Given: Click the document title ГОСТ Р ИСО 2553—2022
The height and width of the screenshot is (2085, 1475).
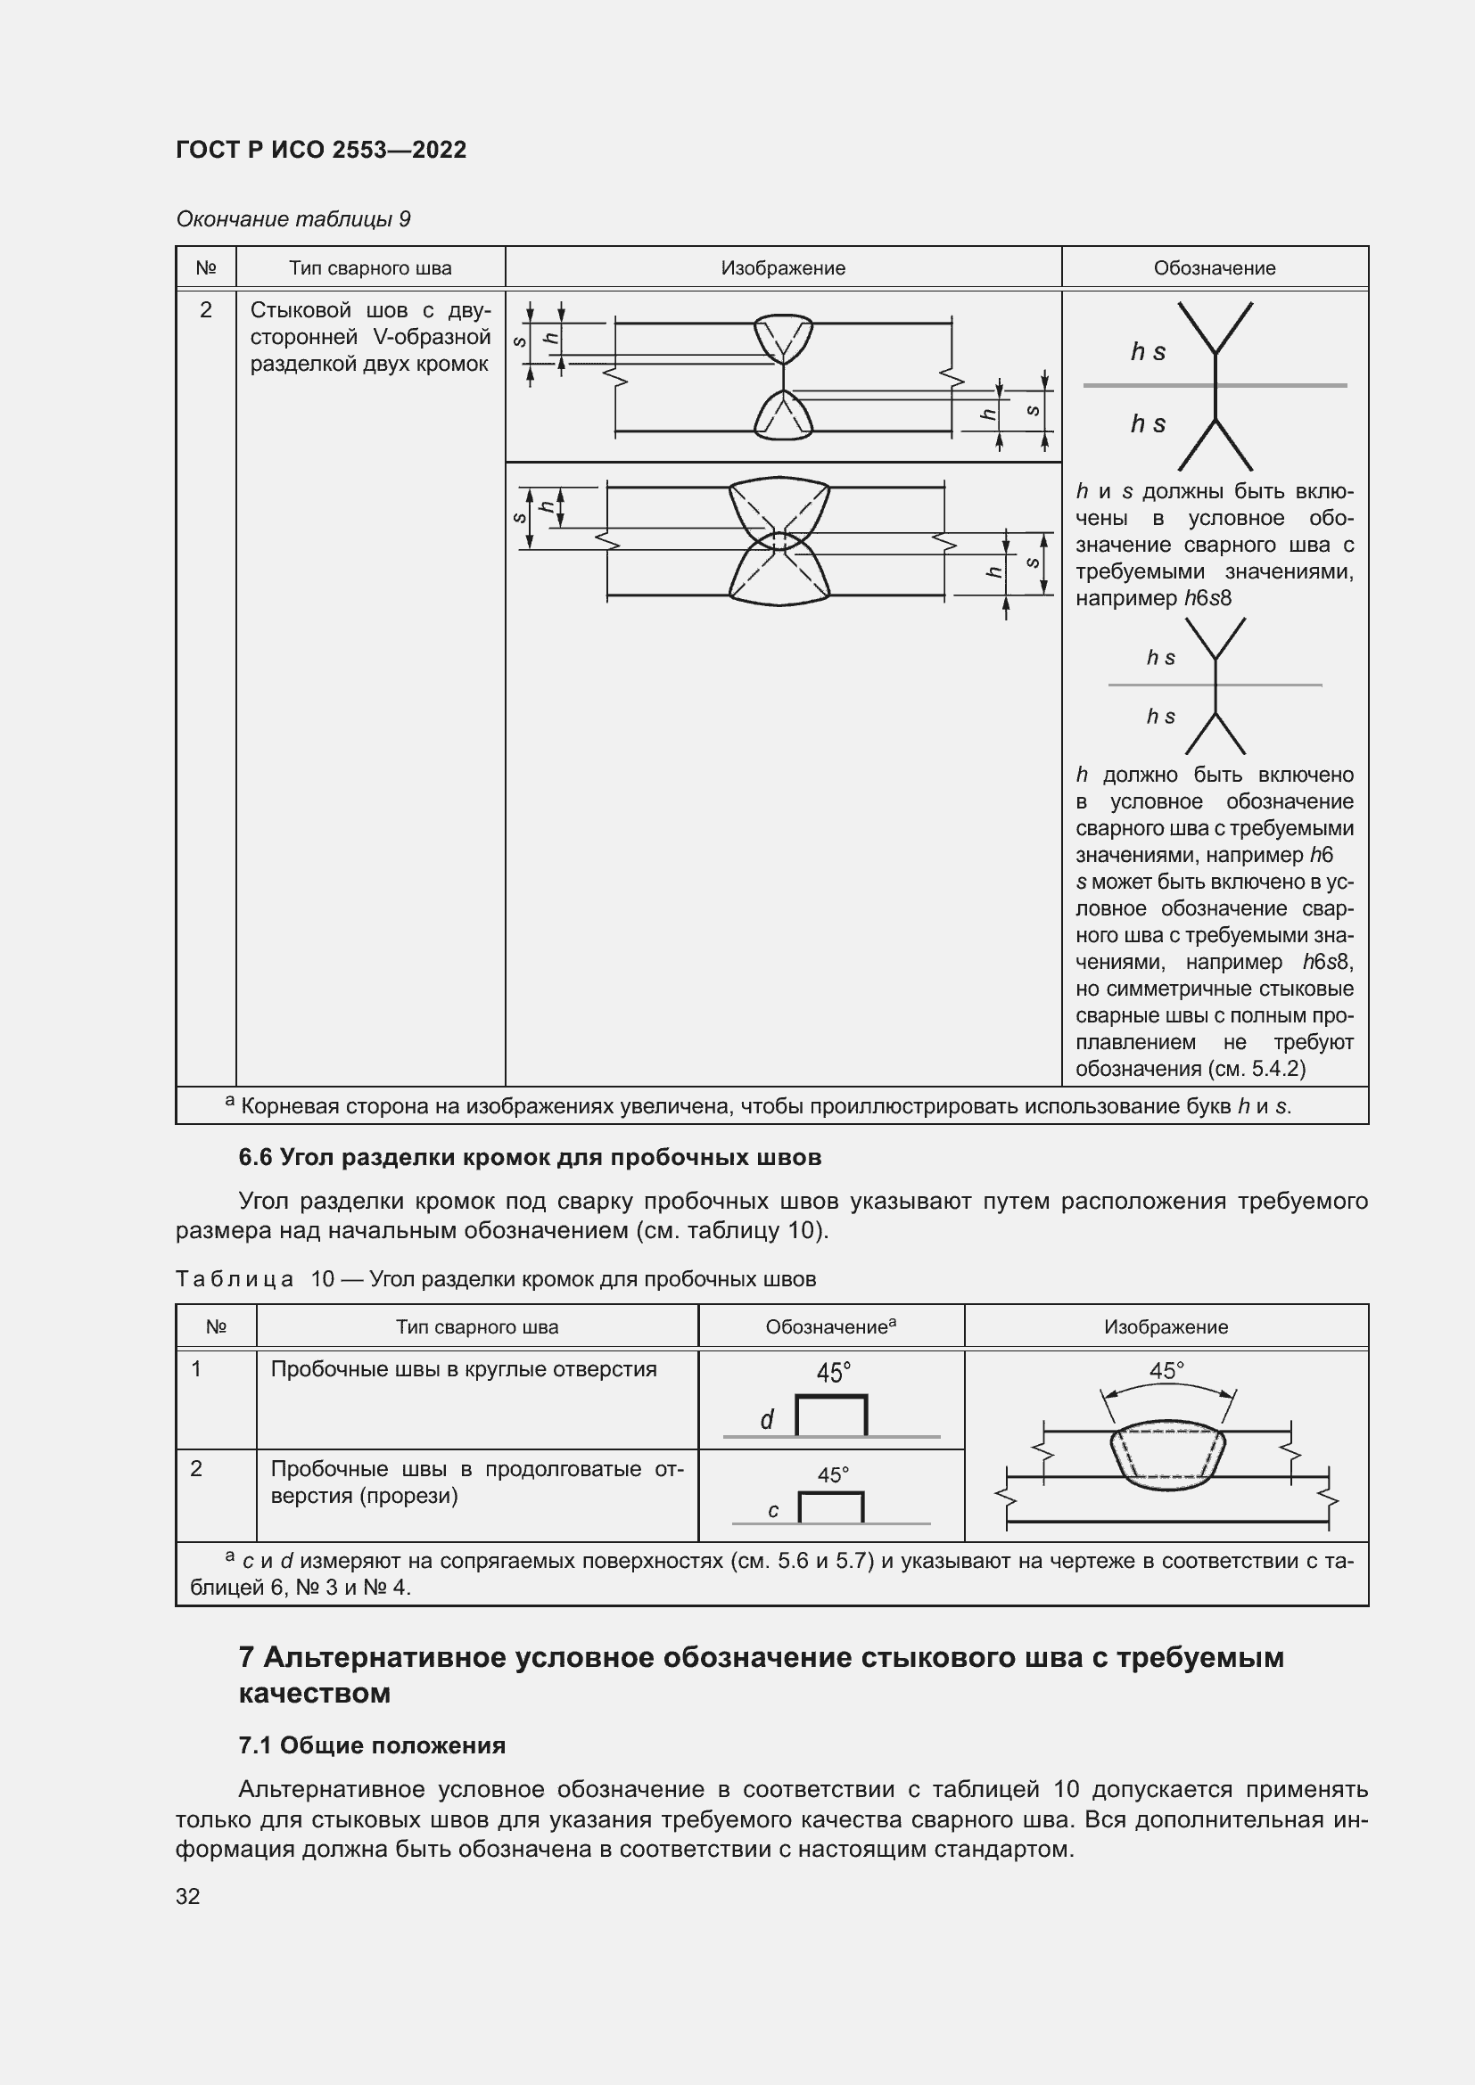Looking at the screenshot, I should (321, 150).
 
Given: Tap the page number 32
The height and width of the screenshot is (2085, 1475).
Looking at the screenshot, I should (188, 1896).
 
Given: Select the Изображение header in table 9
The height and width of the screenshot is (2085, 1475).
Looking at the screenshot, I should (783, 268).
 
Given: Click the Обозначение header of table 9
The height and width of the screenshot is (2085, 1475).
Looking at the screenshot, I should (1215, 268).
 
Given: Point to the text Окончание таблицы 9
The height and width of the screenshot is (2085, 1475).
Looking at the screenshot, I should (293, 219).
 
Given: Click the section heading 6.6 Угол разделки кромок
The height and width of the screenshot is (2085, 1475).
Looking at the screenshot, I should (530, 1157).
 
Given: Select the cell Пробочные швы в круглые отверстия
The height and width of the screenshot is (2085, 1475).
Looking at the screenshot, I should (463, 1368).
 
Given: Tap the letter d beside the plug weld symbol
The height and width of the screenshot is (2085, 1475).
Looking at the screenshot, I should (767, 1420).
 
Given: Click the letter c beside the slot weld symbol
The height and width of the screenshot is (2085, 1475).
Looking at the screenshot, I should (773, 1510).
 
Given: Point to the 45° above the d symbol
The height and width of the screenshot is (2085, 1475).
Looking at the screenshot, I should (833, 1372).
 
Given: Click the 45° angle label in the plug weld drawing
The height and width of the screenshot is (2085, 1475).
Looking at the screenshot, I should (1166, 1370).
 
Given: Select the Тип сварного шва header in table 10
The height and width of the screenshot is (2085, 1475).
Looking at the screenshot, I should (477, 1326).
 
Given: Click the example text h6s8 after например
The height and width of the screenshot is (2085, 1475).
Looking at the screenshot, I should (1207, 597).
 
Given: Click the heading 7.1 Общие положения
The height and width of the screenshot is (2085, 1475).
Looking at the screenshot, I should (373, 1745).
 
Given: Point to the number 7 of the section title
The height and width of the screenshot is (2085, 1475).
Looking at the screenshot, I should (246, 1657).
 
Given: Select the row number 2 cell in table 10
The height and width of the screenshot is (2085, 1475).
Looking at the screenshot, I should (196, 1468).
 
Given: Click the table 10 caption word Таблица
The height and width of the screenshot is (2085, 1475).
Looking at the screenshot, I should (235, 1278).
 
